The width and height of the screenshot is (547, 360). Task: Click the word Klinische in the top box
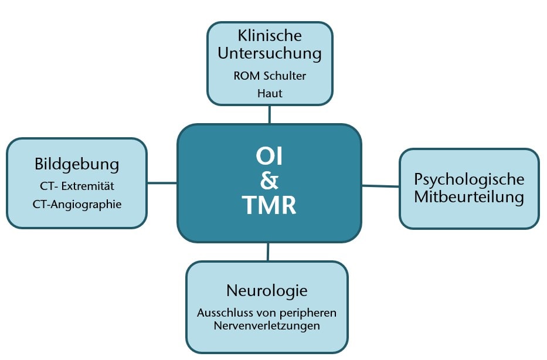click(270, 35)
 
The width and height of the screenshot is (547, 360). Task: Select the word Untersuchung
click(270, 53)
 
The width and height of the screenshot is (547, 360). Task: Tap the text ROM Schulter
click(270, 76)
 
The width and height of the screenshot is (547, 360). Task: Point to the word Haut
click(270, 93)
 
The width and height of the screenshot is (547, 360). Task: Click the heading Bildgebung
click(77, 164)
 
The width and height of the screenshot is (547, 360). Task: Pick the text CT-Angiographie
click(77, 205)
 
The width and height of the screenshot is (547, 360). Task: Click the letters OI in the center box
click(269, 157)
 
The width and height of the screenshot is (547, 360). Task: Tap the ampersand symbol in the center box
click(269, 181)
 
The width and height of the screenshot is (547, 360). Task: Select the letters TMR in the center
click(269, 206)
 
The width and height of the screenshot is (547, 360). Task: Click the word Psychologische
click(469, 179)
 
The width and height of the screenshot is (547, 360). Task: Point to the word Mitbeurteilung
click(469, 196)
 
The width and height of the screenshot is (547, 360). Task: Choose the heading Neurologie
click(267, 290)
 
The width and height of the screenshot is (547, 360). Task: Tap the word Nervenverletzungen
click(267, 325)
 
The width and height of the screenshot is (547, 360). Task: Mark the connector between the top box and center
click(270, 114)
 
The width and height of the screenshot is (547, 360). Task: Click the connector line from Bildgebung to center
click(162, 182)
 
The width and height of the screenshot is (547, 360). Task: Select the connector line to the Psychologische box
click(380, 186)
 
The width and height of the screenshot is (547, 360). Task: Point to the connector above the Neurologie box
click(268, 252)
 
